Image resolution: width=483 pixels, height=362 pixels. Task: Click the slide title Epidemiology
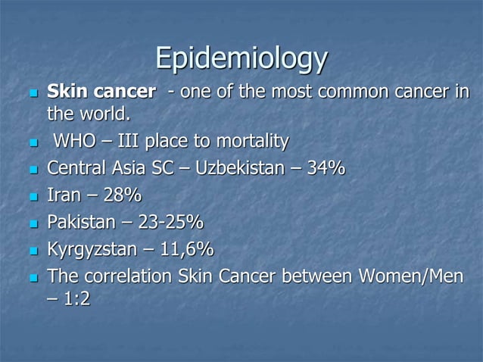(241, 58)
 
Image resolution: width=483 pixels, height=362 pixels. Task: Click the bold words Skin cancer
(99, 93)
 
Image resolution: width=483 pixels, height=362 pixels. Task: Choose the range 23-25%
(172, 223)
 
